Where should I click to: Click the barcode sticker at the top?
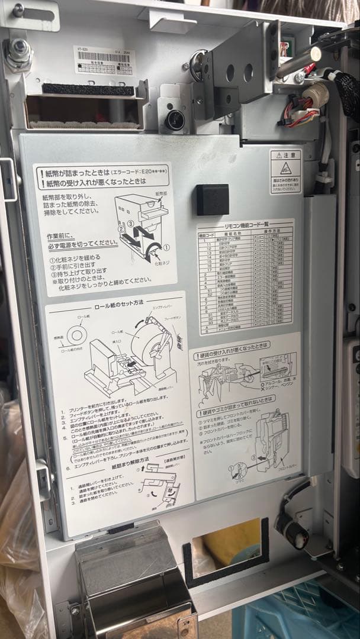click(x=104, y=60)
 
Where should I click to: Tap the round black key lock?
click(x=175, y=120)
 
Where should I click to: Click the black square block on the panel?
click(x=213, y=199)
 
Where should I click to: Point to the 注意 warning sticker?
click(x=285, y=172)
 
